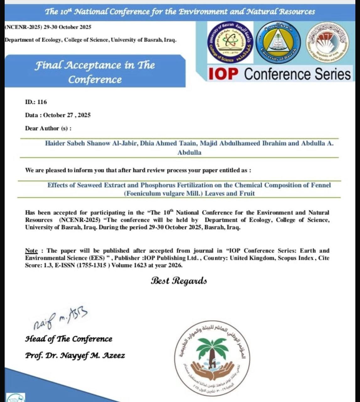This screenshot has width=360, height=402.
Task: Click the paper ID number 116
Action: pos(42,102)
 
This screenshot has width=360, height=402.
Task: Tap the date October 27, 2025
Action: pos(67,115)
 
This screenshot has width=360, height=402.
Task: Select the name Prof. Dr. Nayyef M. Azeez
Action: pos(75,356)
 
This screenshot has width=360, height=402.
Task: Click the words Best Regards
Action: pos(179,280)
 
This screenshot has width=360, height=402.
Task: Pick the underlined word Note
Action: pos(31,251)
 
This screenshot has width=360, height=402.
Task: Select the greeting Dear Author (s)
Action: pos(48,128)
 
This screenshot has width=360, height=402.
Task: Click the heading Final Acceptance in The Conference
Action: pos(95,72)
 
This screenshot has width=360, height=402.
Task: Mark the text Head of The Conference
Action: pos(68,339)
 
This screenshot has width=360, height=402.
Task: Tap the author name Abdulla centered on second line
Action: pos(189,153)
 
